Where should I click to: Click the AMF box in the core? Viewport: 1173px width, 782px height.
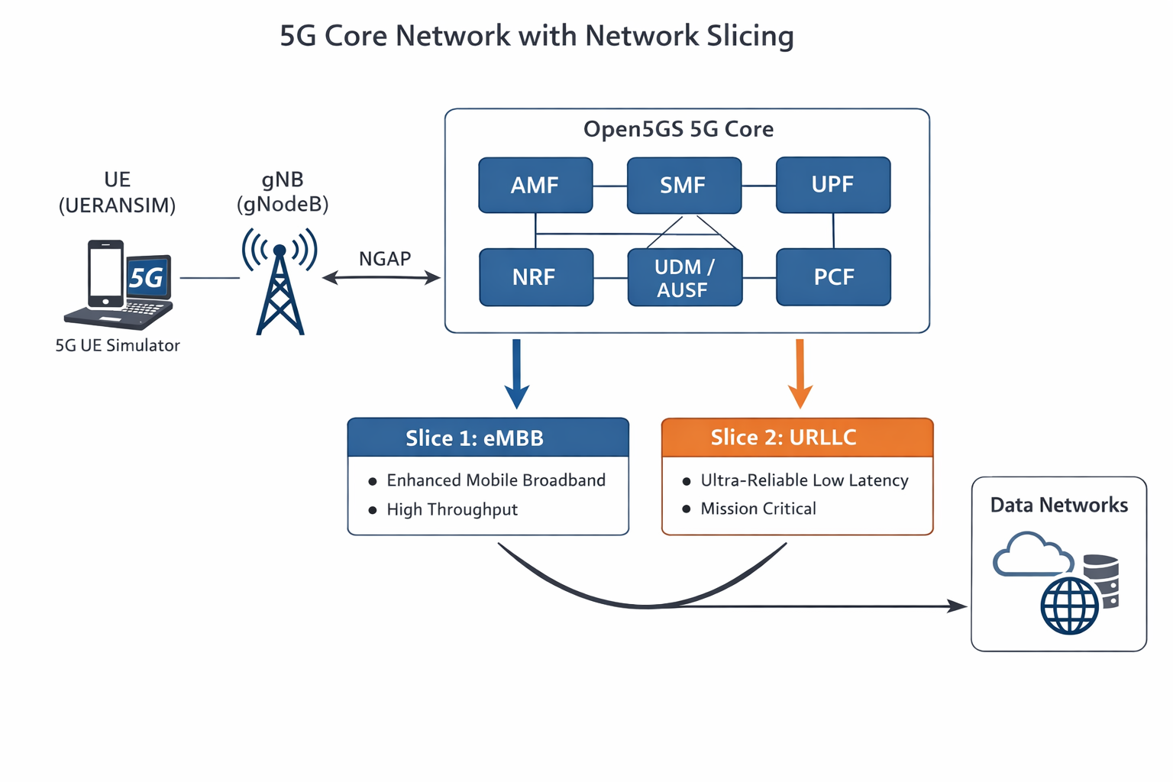pos(535,185)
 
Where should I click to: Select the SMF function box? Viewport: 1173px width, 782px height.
pos(683,186)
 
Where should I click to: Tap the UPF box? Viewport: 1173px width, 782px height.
pos(833,185)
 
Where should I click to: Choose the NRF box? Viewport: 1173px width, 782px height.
pos(535,277)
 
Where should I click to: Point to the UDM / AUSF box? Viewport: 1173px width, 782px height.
pos(684,278)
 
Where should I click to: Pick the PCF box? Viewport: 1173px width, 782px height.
pos(833,277)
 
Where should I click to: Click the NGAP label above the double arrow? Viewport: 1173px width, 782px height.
pos(385,259)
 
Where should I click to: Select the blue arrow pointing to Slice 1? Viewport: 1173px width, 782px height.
pos(517,373)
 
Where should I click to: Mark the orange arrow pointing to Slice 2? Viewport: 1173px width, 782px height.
pos(800,373)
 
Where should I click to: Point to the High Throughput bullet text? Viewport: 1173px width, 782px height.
pos(452,509)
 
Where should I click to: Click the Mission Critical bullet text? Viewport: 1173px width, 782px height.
pos(758,509)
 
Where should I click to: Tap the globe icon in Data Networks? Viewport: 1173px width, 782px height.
pos(1070,605)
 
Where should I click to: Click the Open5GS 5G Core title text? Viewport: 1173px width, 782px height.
pos(678,129)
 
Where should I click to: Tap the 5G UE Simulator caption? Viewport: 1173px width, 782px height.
pos(118,345)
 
